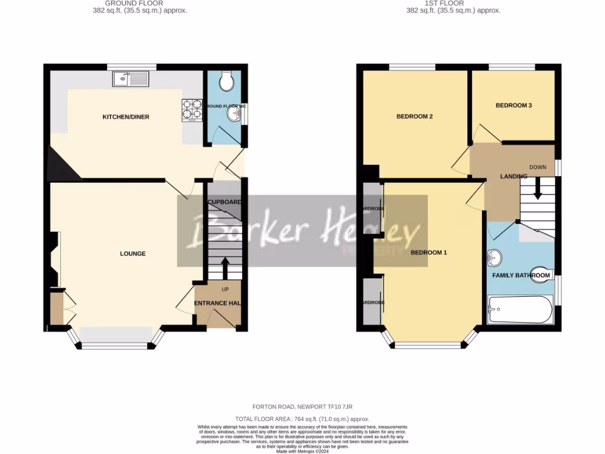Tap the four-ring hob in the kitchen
tap(192, 109)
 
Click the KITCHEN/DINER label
tap(126, 117)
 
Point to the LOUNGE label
tap(133, 254)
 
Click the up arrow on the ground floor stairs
tap(225, 267)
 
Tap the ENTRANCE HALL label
tap(218, 303)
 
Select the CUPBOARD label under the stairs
tap(225, 202)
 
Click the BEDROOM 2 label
tap(414, 116)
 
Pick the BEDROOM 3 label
tap(513, 105)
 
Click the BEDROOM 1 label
tap(428, 252)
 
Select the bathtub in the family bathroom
tap(520, 309)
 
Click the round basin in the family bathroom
tap(495, 258)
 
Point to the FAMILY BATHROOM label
tap(521, 275)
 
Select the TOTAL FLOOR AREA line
tap(302, 419)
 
